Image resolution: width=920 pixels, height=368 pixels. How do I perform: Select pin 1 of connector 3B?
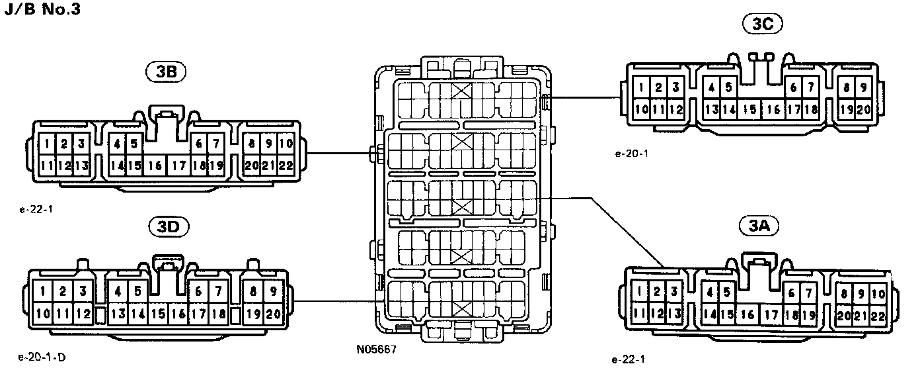click(x=49, y=144)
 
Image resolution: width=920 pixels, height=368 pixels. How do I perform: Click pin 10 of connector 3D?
click(x=43, y=314)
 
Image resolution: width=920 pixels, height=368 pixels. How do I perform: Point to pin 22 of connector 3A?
click(x=879, y=315)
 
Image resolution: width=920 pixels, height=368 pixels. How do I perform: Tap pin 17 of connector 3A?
click(x=771, y=315)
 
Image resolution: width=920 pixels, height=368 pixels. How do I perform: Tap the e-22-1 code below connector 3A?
click(x=628, y=359)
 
